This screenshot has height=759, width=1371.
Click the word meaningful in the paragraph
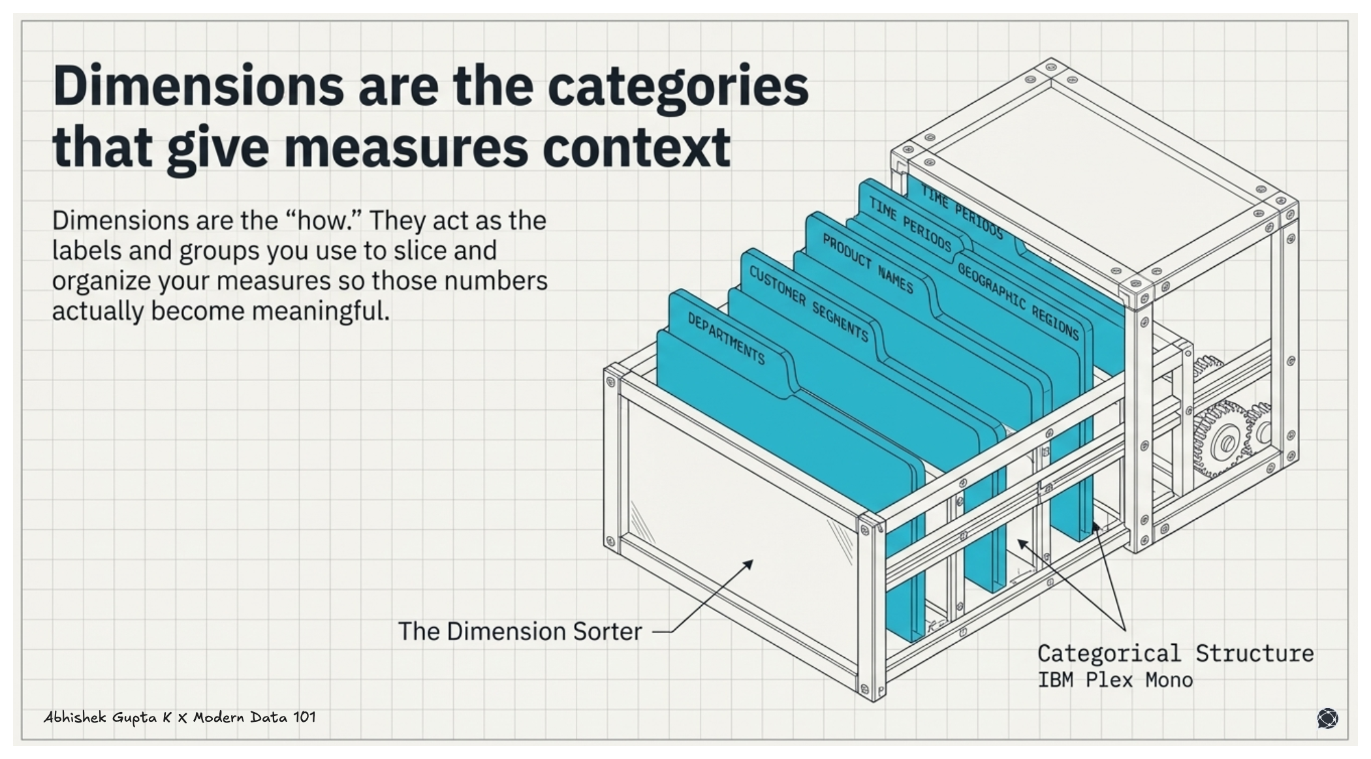coord(321,311)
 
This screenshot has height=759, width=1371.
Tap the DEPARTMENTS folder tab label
coord(726,338)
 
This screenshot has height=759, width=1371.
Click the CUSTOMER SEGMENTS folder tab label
coord(808,304)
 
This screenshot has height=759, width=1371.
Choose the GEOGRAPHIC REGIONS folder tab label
coord(1018,300)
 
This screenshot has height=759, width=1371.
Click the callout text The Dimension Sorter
coord(520,632)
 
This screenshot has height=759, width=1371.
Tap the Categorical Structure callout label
coord(1175,653)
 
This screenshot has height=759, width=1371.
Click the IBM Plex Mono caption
coord(1115,680)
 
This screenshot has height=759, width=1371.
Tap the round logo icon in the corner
coord(1327,718)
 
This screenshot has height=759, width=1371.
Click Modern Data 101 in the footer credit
coord(255,717)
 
